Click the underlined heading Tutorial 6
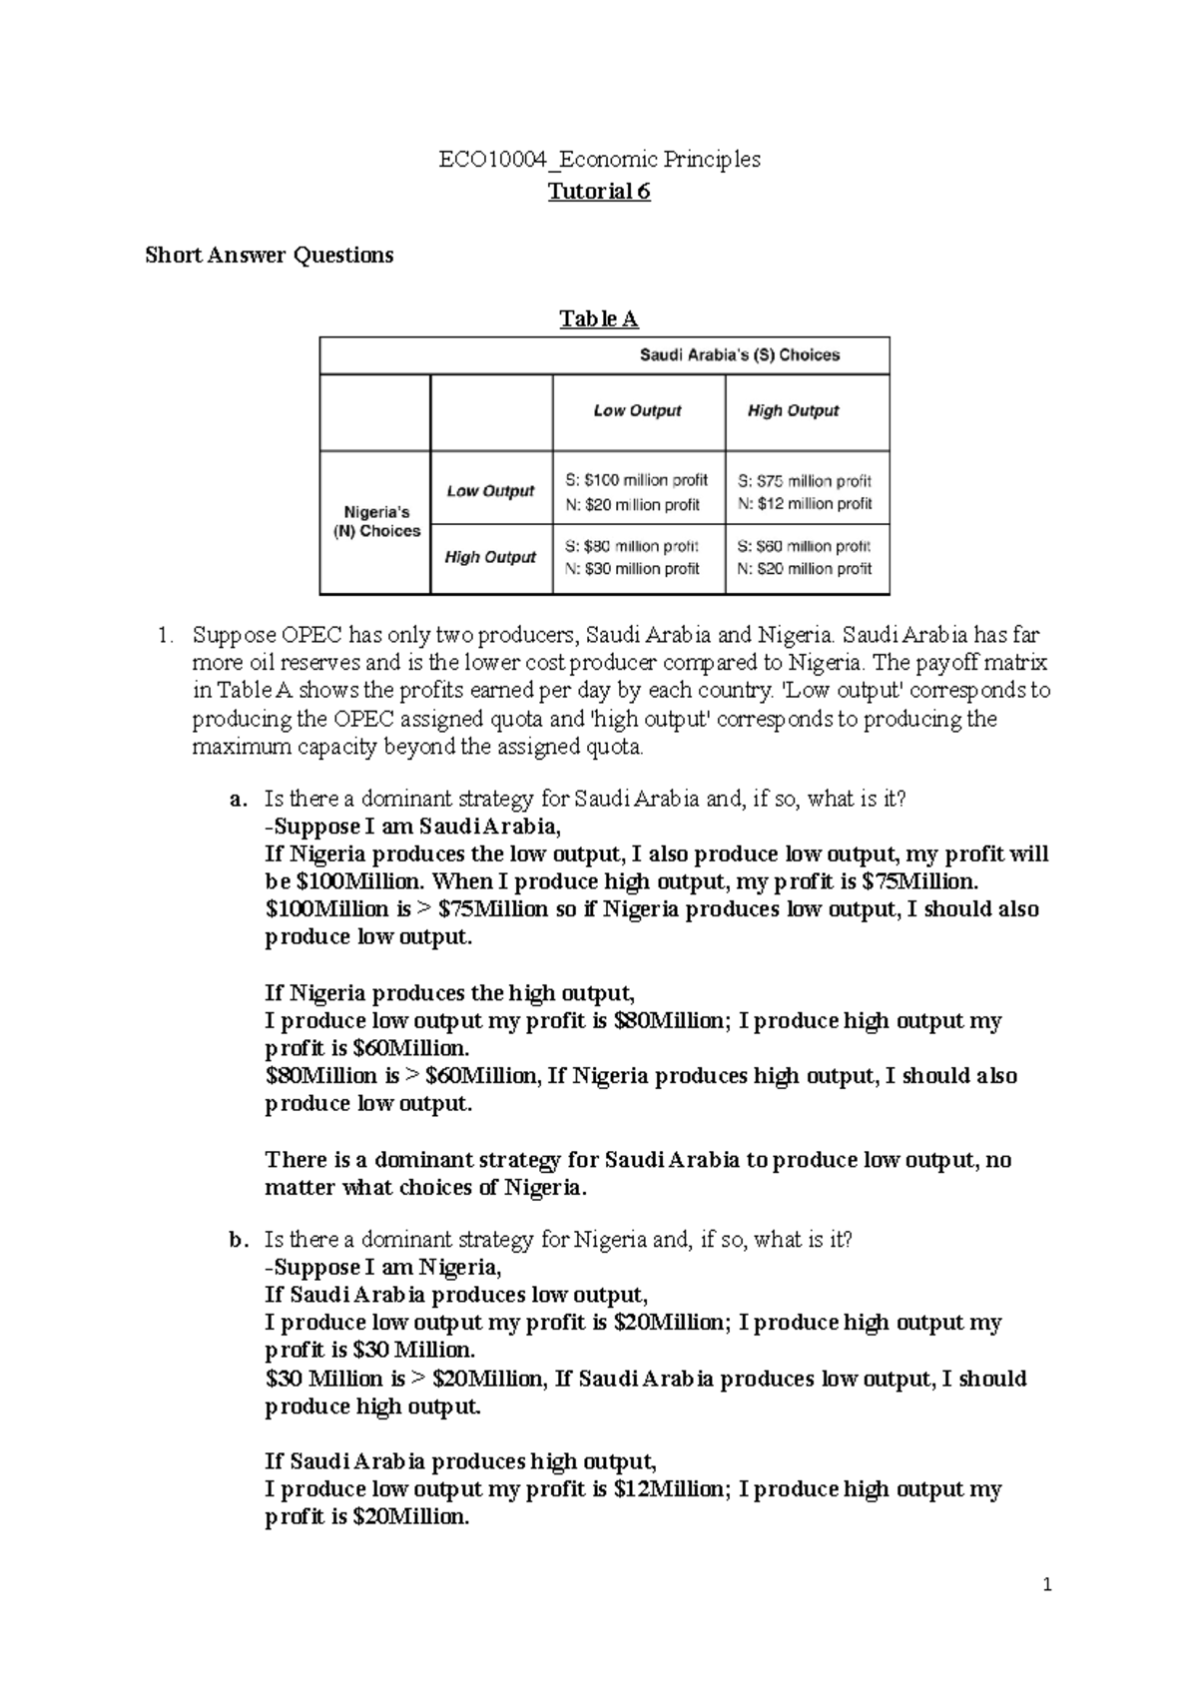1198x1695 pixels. (599, 192)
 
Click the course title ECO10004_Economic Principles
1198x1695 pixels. (599, 159)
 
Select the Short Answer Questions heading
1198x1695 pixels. (270, 256)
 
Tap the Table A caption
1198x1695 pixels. (598, 319)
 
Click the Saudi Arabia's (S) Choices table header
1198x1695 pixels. (739, 355)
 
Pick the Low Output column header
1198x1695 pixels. (637, 410)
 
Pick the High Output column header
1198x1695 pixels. (793, 410)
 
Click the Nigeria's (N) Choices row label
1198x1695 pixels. (376, 521)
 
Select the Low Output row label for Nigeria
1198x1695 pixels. (490, 490)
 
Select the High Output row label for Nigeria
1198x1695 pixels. (490, 557)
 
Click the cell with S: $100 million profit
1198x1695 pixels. (637, 492)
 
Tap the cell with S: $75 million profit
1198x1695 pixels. (805, 492)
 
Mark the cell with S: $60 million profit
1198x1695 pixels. (805, 557)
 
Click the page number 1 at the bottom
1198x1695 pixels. (1047, 1584)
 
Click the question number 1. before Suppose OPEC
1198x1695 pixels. (167, 635)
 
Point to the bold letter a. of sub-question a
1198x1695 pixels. (237, 800)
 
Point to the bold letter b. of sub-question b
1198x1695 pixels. (237, 1240)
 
